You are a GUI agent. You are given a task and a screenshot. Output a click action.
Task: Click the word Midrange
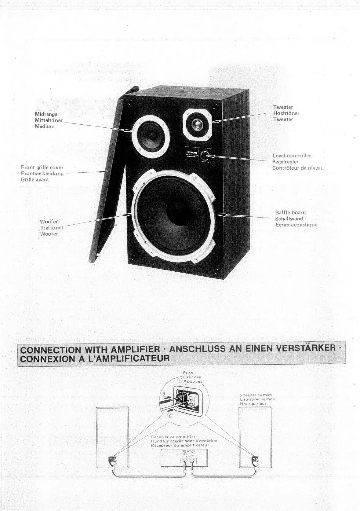pos(46,114)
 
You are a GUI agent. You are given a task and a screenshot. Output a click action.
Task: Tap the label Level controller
pos(291,156)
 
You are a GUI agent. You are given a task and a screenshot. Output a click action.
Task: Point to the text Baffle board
pos(290,212)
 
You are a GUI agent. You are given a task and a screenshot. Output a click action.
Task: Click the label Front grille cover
pos(42,167)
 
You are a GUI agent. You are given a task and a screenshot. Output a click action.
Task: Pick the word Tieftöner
pos(52,228)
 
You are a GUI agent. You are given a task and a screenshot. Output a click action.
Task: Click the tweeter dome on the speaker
pos(197,125)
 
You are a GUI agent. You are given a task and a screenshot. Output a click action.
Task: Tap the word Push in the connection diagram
pos(188,373)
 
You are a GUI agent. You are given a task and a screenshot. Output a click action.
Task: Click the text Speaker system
pos(256,395)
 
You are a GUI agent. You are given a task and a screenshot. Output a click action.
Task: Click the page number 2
pos(181,487)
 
